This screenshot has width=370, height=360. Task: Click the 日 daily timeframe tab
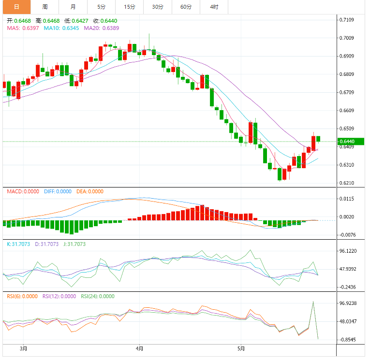click(16, 7)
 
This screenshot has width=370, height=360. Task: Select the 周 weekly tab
click(45, 7)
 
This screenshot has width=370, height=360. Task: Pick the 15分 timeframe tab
click(129, 7)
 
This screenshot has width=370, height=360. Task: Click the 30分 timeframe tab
click(157, 7)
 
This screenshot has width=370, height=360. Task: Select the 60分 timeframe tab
click(186, 7)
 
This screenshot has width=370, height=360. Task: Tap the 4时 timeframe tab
click(214, 7)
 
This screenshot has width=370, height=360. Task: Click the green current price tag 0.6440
click(347, 142)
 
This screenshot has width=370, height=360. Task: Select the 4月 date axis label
click(140, 348)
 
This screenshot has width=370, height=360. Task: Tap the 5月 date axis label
click(241, 348)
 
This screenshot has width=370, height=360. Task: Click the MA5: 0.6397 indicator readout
click(22, 29)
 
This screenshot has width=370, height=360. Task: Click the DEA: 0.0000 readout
click(90, 191)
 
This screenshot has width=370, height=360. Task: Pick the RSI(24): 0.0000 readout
click(97, 296)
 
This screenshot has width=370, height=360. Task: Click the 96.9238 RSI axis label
click(348, 303)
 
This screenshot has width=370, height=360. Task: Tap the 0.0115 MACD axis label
click(347, 199)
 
